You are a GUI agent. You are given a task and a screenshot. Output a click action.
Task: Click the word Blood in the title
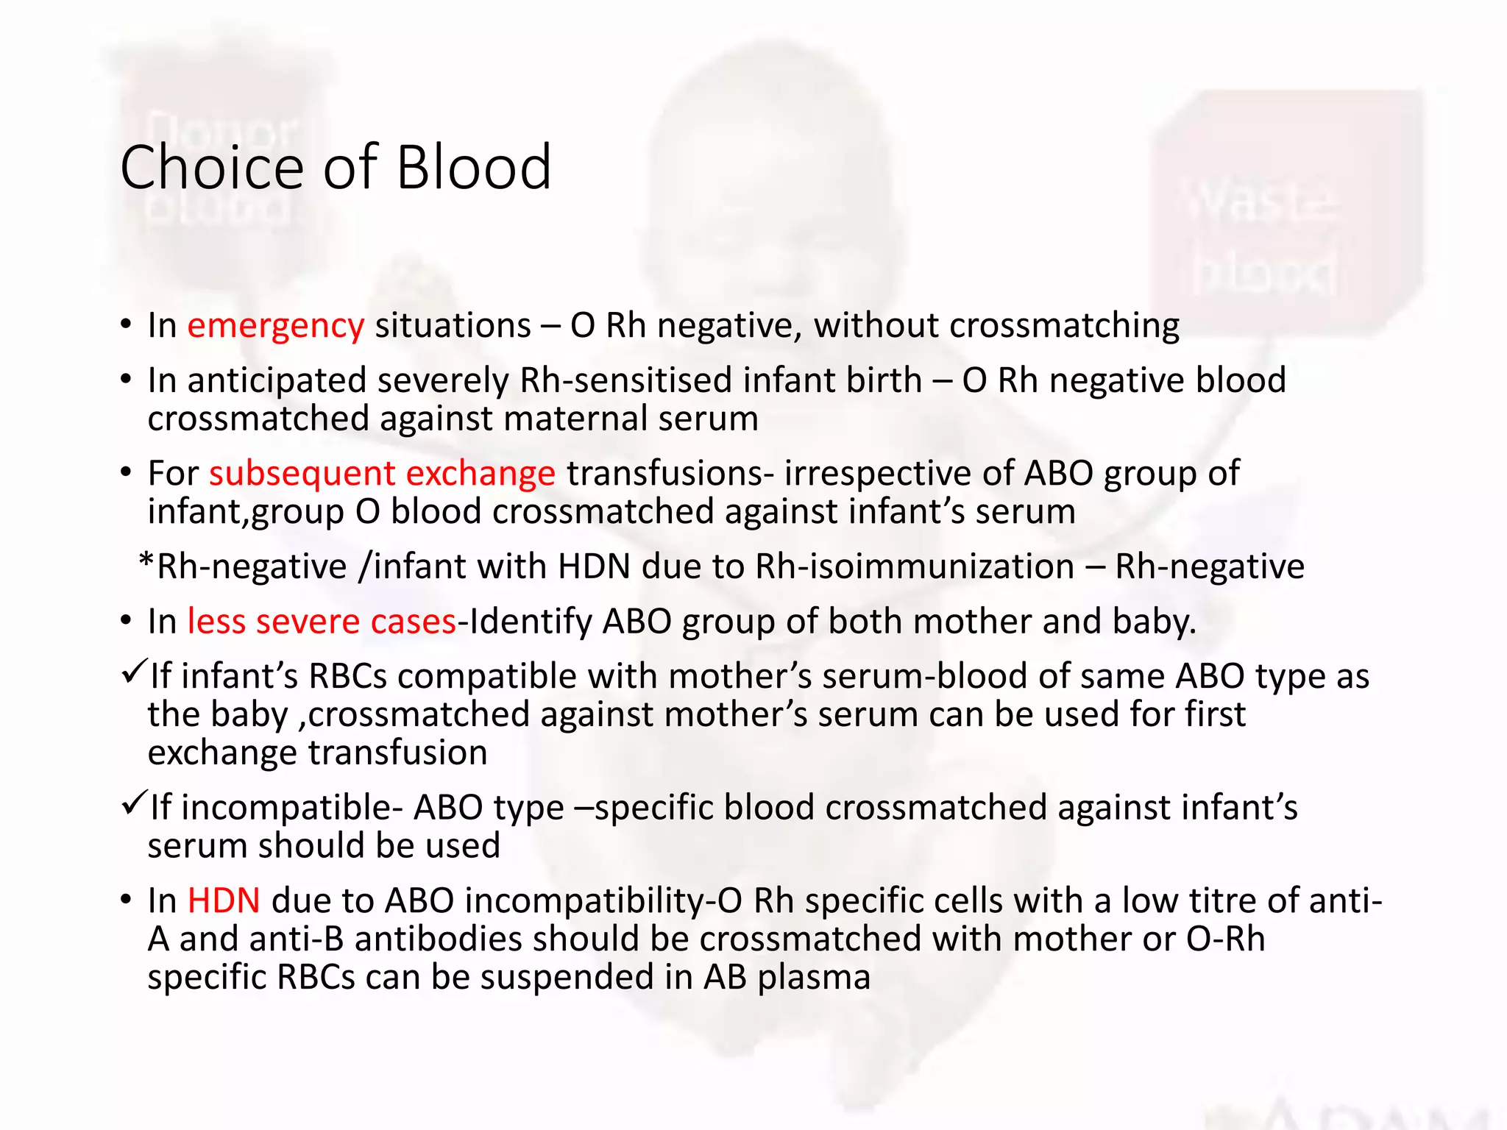pyautogui.click(x=473, y=168)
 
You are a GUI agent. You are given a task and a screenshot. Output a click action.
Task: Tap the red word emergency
pyautogui.click(x=275, y=326)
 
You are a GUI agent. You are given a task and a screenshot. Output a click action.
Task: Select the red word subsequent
pyautogui.click(x=302, y=473)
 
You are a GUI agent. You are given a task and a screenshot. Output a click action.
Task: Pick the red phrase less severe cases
pyautogui.click(x=322, y=622)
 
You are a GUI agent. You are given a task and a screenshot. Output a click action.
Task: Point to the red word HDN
pyautogui.click(x=224, y=900)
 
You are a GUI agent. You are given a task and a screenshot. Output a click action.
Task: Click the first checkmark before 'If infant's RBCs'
pyautogui.click(x=134, y=671)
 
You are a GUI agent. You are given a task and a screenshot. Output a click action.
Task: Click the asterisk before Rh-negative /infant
pyautogui.click(x=146, y=563)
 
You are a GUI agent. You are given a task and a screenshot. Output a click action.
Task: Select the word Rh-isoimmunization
pyautogui.click(x=915, y=566)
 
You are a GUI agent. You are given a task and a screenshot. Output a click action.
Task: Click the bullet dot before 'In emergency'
pyautogui.click(x=127, y=324)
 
